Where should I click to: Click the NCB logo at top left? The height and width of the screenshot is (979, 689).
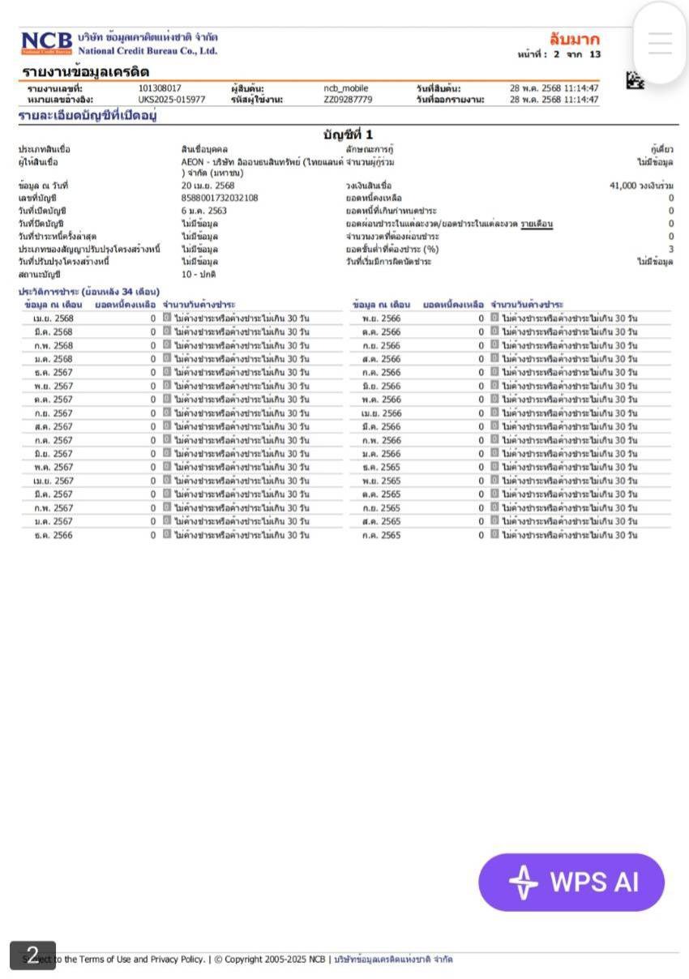[47, 43]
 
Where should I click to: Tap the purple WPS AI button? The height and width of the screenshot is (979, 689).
[571, 882]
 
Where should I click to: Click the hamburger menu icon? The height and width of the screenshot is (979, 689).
[660, 44]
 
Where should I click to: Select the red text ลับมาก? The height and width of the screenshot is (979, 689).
[574, 40]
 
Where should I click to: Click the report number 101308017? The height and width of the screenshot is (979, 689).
[160, 88]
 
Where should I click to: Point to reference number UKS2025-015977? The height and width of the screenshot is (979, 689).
[171, 100]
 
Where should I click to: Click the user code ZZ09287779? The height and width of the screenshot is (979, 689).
[348, 100]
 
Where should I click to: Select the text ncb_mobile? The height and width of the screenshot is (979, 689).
[345, 88]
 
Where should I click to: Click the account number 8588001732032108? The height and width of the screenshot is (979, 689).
[220, 198]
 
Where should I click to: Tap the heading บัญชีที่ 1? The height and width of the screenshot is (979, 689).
[348, 135]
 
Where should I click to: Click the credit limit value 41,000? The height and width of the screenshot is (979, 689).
[625, 186]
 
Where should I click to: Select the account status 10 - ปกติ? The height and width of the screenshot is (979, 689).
[199, 275]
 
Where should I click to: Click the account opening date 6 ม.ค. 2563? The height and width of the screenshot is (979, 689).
[204, 211]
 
